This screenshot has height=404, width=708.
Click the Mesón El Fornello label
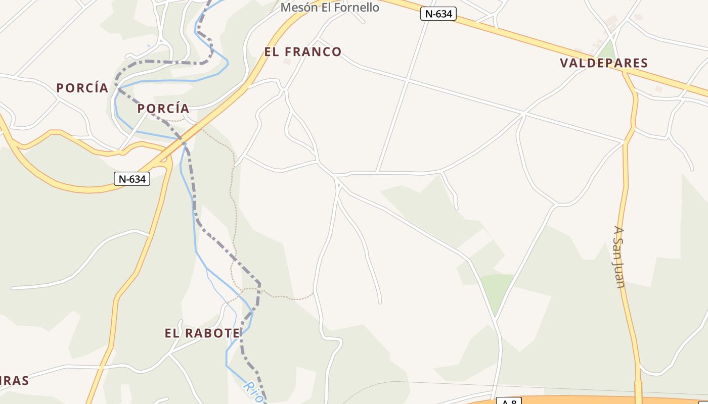click(x=330, y=8)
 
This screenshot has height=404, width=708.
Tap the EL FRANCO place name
click(x=303, y=52)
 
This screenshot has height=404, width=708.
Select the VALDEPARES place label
click(x=604, y=63)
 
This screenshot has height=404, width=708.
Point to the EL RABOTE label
click(x=202, y=333)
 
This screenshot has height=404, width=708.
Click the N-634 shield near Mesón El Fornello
click(x=438, y=14)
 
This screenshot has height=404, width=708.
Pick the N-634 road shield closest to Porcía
click(x=132, y=179)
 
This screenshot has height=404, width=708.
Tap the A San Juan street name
click(x=620, y=257)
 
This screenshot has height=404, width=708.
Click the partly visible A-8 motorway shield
click(x=508, y=401)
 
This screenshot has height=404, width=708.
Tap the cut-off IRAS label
click(x=14, y=381)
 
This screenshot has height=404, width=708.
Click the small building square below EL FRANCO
click(x=287, y=62)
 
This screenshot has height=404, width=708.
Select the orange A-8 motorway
click(x=582, y=400)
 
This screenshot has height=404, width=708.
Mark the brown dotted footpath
click(x=232, y=202)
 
